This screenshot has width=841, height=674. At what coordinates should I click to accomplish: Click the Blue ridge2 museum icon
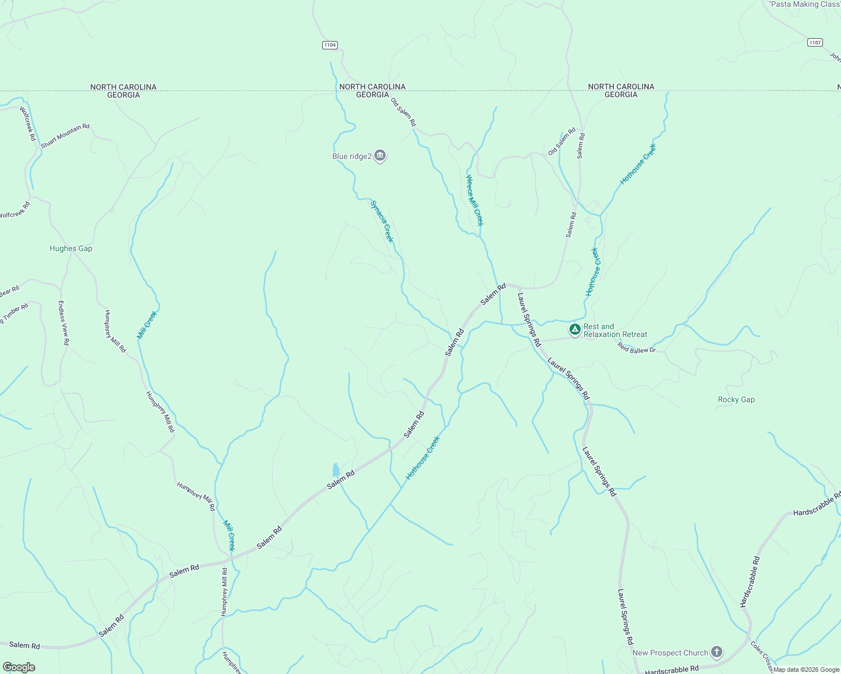click(380, 156)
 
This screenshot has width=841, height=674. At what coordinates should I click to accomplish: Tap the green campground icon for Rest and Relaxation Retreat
click(575, 330)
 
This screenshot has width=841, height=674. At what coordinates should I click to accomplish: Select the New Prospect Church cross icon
click(716, 652)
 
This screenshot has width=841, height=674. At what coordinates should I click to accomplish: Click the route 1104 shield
click(330, 45)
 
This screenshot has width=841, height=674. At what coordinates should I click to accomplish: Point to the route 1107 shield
click(815, 42)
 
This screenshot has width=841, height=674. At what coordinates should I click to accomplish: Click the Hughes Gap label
click(71, 248)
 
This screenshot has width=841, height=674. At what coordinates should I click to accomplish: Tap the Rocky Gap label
click(736, 400)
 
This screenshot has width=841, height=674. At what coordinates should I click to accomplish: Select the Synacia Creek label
click(382, 221)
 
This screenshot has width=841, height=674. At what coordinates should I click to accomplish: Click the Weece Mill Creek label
click(474, 200)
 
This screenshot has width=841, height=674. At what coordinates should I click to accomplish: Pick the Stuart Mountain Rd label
click(65, 135)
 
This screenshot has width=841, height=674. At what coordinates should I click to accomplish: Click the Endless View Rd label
click(64, 322)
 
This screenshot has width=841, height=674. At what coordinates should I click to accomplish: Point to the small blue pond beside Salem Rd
click(336, 470)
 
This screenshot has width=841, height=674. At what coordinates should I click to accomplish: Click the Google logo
click(19, 667)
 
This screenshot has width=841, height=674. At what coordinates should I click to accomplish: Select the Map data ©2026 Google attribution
click(806, 670)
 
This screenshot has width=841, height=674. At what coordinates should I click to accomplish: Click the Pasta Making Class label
click(804, 4)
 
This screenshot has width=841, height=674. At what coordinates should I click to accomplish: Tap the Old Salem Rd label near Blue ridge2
click(404, 112)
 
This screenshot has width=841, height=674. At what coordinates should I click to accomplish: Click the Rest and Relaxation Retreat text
click(615, 330)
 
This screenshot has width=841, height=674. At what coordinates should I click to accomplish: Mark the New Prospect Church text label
click(670, 653)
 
